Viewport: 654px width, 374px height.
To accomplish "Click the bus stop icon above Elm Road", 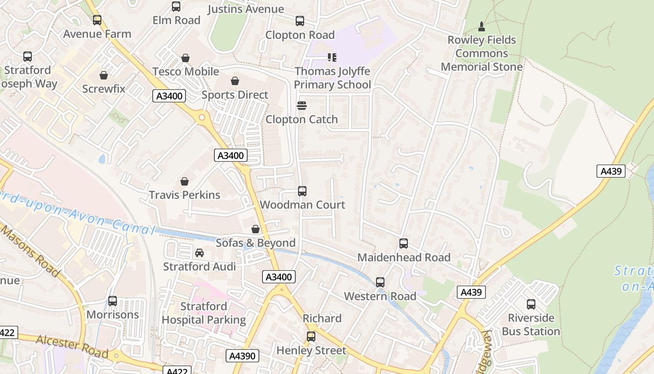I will (x=176, y=7).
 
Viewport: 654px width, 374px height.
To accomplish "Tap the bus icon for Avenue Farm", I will (x=97, y=20).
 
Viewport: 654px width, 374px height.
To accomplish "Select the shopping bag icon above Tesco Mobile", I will (x=185, y=58).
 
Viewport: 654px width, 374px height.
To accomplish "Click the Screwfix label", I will (x=104, y=88).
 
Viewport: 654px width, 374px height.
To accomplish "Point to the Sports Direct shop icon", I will (x=235, y=81).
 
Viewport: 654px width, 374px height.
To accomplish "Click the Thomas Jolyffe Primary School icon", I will (x=332, y=58).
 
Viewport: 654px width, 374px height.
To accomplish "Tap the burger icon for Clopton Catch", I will (x=302, y=106).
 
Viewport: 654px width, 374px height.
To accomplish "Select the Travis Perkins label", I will (x=185, y=194).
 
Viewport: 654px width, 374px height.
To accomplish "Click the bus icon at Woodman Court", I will (x=302, y=191).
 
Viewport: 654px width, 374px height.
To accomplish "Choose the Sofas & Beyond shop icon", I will (x=256, y=229).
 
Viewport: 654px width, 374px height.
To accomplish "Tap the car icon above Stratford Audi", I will (x=199, y=253).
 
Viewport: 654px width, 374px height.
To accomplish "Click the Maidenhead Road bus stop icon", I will (x=404, y=244).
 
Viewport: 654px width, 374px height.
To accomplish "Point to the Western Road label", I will (x=380, y=296).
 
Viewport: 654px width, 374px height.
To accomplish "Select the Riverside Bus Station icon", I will (x=531, y=304).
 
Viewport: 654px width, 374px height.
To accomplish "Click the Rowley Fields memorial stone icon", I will (x=482, y=26).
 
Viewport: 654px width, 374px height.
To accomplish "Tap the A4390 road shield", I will (x=242, y=356).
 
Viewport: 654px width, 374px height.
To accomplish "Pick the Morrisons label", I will (x=113, y=315).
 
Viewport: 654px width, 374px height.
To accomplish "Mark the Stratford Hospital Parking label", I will (x=204, y=313).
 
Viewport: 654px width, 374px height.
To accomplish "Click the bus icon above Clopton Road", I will (x=300, y=21).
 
